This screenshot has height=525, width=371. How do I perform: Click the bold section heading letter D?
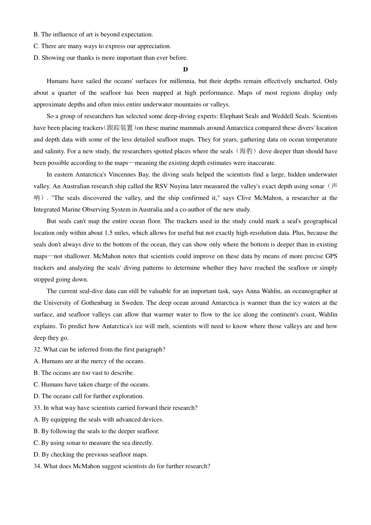(x=185, y=70)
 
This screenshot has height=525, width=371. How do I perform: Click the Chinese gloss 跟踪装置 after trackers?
(x=119, y=128)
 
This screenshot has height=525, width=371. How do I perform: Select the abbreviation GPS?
(x=331, y=256)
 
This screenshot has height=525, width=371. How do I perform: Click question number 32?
(x=37, y=350)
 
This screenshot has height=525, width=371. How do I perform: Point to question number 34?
(x=37, y=466)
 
